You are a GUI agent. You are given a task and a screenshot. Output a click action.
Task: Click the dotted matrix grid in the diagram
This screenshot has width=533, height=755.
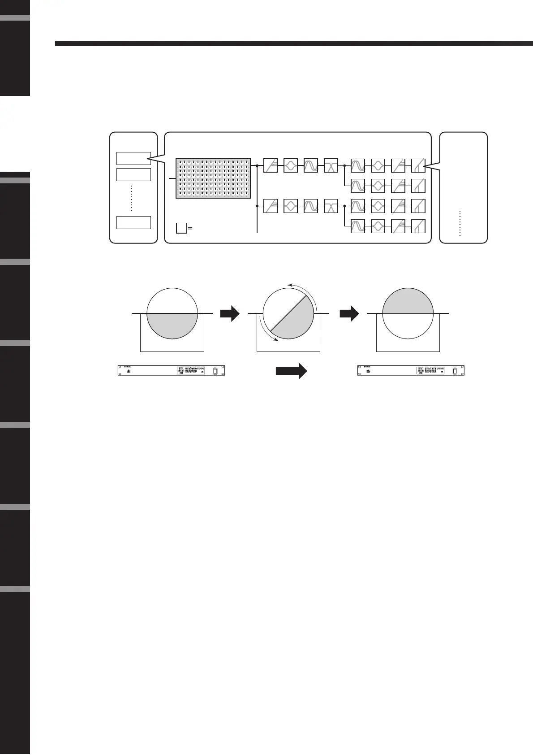(213, 178)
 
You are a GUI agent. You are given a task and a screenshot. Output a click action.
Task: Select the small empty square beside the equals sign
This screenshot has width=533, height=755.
(181, 228)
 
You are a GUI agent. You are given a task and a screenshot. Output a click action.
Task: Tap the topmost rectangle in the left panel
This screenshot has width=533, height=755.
(133, 158)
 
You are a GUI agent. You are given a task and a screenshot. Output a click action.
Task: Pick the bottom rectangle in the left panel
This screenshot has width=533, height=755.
(133, 222)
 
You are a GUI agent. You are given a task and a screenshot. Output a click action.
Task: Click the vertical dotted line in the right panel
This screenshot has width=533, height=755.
(460, 223)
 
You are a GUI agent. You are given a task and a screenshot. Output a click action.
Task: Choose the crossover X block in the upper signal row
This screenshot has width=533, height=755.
(331, 165)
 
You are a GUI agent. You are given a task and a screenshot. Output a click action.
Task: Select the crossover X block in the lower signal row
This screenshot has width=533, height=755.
(331, 206)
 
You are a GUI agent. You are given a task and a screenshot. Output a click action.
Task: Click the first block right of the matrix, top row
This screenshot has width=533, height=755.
(271, 165)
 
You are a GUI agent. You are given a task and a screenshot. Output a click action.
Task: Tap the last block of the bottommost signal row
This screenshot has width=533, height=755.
(418, 226)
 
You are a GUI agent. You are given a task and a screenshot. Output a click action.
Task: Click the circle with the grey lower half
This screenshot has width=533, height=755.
(172, 313)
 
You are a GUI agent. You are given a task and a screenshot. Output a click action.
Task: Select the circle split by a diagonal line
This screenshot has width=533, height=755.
(288, 313)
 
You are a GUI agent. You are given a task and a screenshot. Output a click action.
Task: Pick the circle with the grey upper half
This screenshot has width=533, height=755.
(408, 313)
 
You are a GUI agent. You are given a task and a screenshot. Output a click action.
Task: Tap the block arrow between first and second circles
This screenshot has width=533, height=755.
(230, 314)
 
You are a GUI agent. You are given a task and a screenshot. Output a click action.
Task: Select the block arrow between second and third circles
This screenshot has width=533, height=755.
(349, 314)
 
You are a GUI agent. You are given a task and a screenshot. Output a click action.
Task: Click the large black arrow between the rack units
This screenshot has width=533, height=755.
(291, 371)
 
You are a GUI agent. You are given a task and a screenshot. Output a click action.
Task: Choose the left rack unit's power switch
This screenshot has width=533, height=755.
(215, 371)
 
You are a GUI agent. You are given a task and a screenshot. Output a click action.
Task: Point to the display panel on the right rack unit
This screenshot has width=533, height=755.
(430, 371)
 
